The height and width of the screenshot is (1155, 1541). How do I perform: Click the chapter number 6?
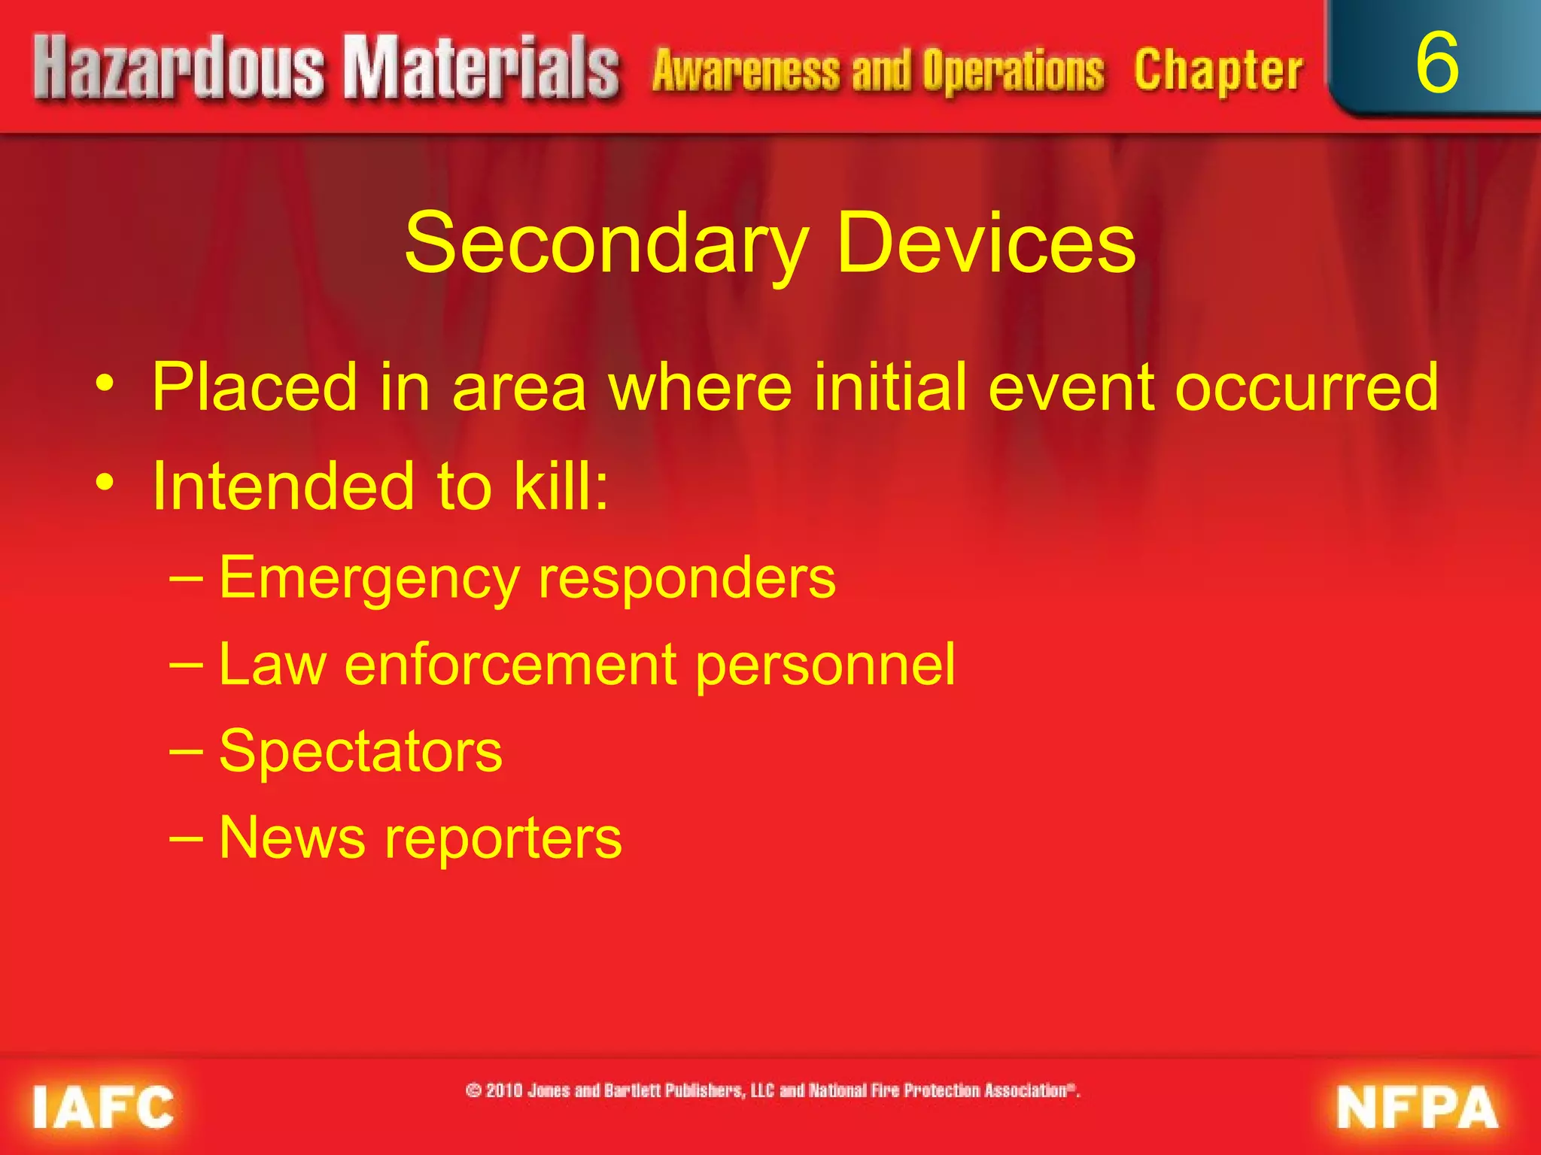(x=1436, y=64)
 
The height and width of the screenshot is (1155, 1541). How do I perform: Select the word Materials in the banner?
(x=482, y=70)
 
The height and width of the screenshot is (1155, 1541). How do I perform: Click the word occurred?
(x=1307, y=388)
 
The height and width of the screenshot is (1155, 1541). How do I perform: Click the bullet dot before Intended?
(x=105, y=482)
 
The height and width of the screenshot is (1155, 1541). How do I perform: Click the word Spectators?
(x=360, y=752)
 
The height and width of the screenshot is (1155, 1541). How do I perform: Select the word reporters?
(x=503, y=839)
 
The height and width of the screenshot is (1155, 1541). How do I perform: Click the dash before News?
(x=186, y=837)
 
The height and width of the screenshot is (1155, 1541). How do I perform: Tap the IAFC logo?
(x=103, y=1107)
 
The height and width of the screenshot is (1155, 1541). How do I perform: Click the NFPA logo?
(x=1418, y=1107)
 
